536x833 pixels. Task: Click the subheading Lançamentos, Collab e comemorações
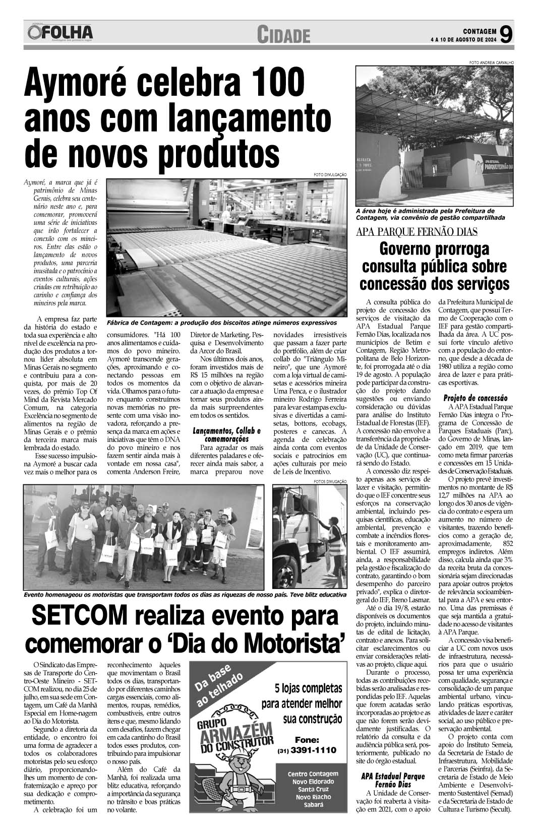[x=227, y=435]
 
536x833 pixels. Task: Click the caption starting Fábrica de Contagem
[x=221, y=322]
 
